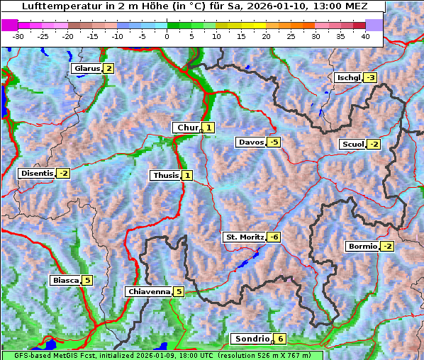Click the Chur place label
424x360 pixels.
click(x=188, y=128)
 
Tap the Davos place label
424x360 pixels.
click(x=251, y=142)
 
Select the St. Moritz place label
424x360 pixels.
click(x=245, y=237)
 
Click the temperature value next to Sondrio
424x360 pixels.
click(x=281, y=339)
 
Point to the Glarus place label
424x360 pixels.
click(x=87, y=69)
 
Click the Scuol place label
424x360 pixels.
click(x=352, y=145)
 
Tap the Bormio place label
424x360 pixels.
click(x=362, y=247)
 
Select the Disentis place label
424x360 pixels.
click(x=37, y=173)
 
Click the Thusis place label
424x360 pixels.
click(x=165, y=175)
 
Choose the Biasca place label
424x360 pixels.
click(x=65, y=280)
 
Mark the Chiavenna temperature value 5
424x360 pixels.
click(x=179, y=291)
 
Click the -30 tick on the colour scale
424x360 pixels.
click(x=18, y=36)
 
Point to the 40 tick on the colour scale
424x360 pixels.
click(x=365, y=36)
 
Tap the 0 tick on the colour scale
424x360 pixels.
click(x=167, y=36)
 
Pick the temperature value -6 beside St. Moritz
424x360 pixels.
click(x=274, y=237)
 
